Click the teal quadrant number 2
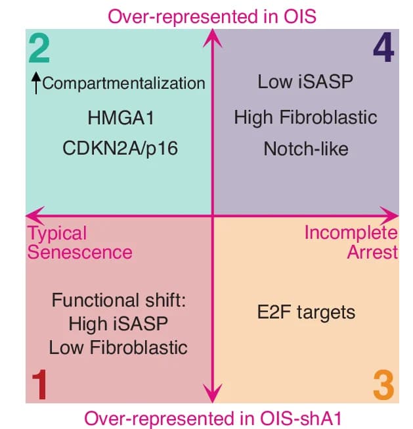click(x=39, y=49)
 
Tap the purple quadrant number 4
click(x=383, y=47)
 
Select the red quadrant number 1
click(x=39, y=384)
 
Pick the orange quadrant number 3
click(x=383, y=385)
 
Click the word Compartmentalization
click(x=123, y=83)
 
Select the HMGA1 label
click(x=121, y=118)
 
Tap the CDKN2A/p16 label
click(x=120, y=148)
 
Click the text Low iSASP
click(x=305, y=82)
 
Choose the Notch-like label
click(x=306, y=149)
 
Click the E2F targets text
click(x=306, y=312)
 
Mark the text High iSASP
click(x=118, y=324)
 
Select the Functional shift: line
click(x=119, y=300)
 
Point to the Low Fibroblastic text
click(x=118, y=347)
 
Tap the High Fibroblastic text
click(x=305, y=117)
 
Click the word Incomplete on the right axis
click(x=351, y=233)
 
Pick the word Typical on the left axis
click(x=57, y=234)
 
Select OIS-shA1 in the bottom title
click(x=301, y=418)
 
